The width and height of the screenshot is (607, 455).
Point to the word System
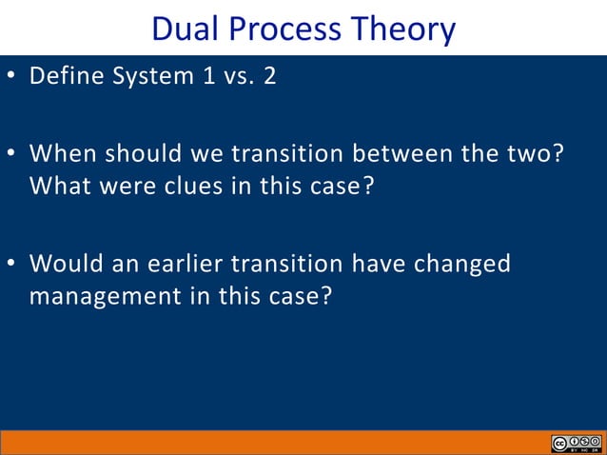coord(150,76)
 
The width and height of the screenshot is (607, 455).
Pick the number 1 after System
coord(208,76)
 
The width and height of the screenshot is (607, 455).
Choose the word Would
coord(64,263)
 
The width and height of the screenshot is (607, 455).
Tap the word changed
coord(464,263)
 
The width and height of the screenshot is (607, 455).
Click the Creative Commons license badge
coord(576,445)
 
